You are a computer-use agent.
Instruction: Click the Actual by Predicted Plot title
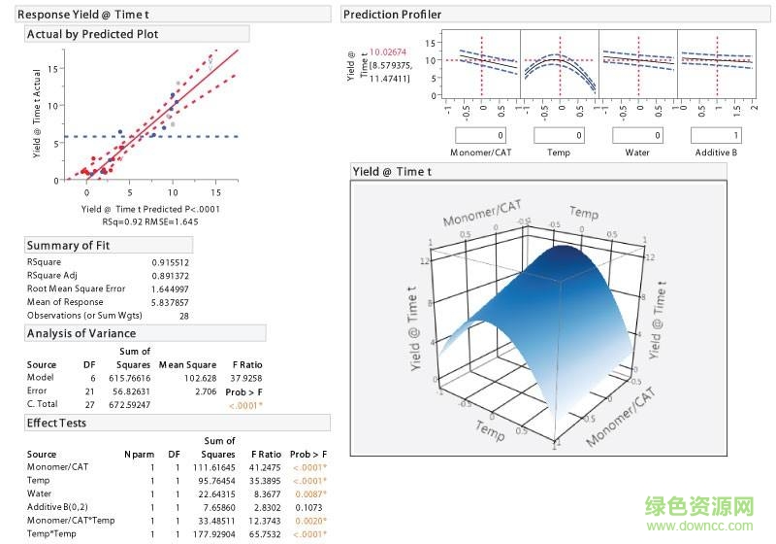[93, 34]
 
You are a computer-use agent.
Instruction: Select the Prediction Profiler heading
[392, 15]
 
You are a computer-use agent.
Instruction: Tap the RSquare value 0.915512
[171, 262]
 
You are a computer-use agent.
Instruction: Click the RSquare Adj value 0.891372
[171, 276]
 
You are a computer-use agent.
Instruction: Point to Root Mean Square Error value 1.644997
[171, 289]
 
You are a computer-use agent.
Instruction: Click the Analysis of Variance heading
[81, 333]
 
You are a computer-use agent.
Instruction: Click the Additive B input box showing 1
[716, 135]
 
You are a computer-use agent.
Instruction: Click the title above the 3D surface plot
[392, 171]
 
